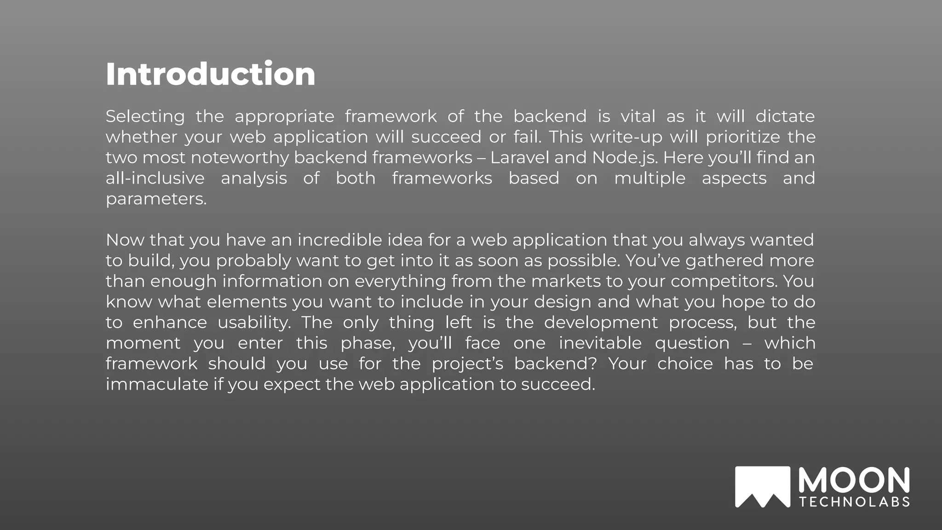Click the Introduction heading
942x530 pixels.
pyautogui.click(x=210, y=74)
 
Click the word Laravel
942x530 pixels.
pyautogui.click(x=520, y=158)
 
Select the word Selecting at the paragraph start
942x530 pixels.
pyautogui.click(x=145, y=116)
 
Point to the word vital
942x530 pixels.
pyautogui.click(x=638, y=116)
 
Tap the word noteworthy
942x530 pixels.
pyautogui.click(x=240, y=158)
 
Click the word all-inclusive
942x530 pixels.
pyautogui.click(x=155, y=178)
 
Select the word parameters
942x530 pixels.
pyautogui.click(x=156, y=199)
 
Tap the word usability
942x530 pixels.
pyautogui.click(x=254, y=323)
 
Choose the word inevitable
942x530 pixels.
pyautogui.click(x=600, y=343)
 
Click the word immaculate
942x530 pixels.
pyautogui.click(x=157, y=384)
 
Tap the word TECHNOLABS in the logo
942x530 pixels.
pyautogui.click(x=854, y=502)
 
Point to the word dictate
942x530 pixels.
pyautogui.click(x=785, y=116)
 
